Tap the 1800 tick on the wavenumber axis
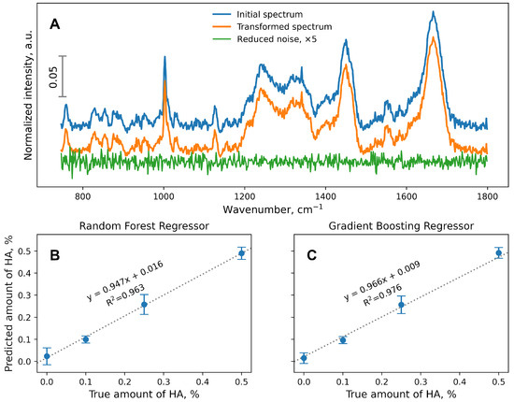pyautogui.click(x=487, y=197)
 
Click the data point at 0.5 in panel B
pyautogui.click(x=242, y=253)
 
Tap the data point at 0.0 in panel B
pyautogui.click(x=47, y=356)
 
